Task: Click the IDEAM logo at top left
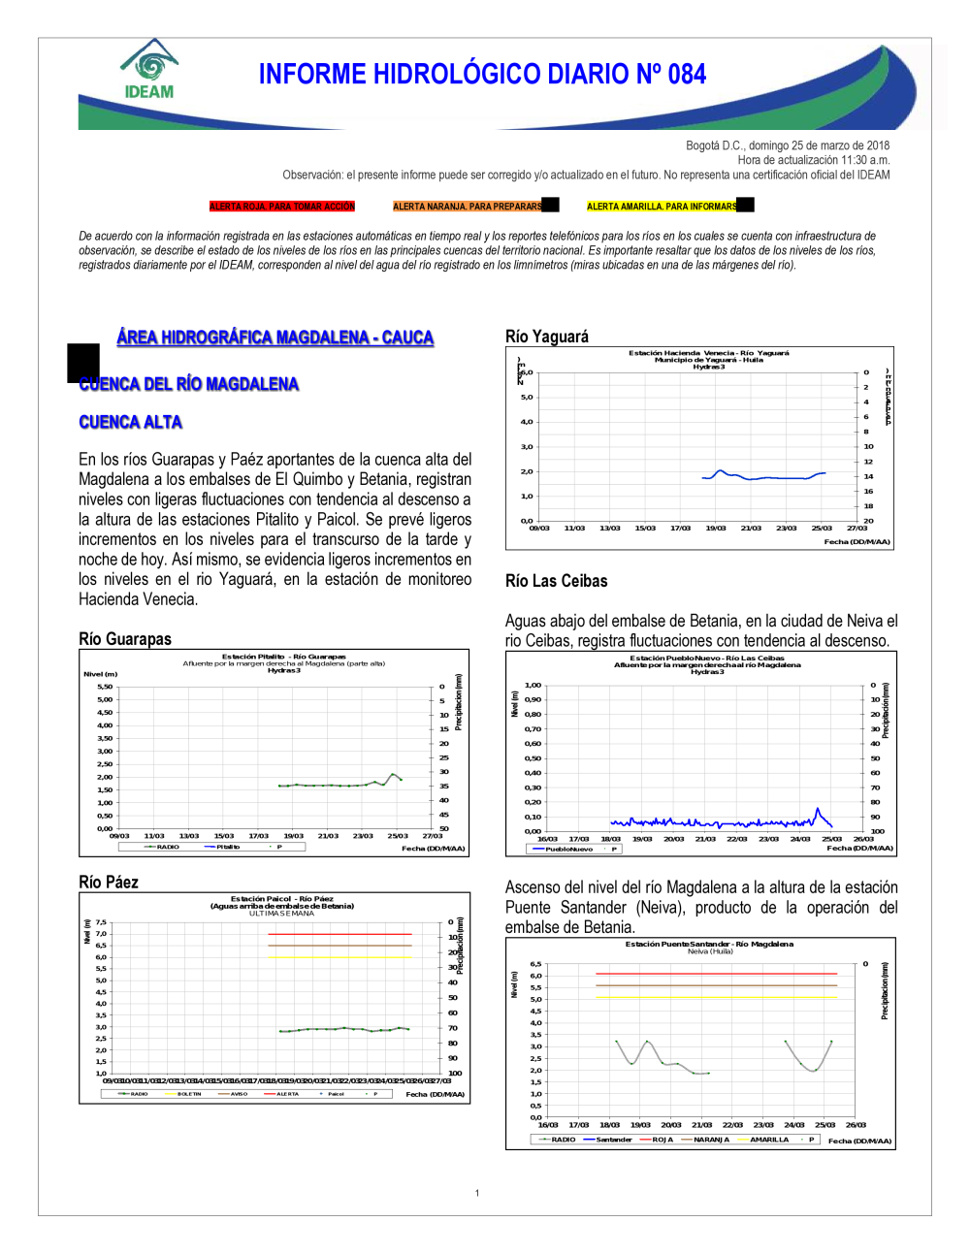pyautogui.click(x=148, y=70)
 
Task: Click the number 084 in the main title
pyautogui.click(x=687, y=75)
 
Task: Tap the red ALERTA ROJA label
pyautogui.click(x=282, y=207)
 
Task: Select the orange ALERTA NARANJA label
pyautogui.click(x=468, y=207)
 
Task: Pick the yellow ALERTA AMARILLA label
pyautogui.click(x=662, y=207)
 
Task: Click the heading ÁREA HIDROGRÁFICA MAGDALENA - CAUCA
pyautogui.click(x=275, y=338)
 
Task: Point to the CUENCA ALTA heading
pyautogui.click(x=131, y=422)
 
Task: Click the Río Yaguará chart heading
pyautogui.click(x=547, y=337)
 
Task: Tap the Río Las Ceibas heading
pyautogui.click(x=557, y=581)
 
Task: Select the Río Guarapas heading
pyautogui.click(x=125, y=639)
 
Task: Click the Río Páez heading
pyautogui.click(x=109, y=883)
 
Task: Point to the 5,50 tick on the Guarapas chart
pyautogui.click(x=105, y=687)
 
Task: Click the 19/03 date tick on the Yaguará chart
pyautogui.click(x=716, y=529)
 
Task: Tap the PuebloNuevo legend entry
pyautogui.click(x=568, y=849)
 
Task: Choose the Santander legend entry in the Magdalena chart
pyautogui.click(x=613, y=1140)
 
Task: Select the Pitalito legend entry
pyautogui.click(x=227, y=847)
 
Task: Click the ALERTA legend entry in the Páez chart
pyautogui.click(x=287, y=1094)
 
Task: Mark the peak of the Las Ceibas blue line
pyautogui.click(x=818, y=809)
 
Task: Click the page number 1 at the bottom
pyautogui.click(x=477, y=1193)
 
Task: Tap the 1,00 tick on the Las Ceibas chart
pyautogui.click(x=533, y=685)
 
